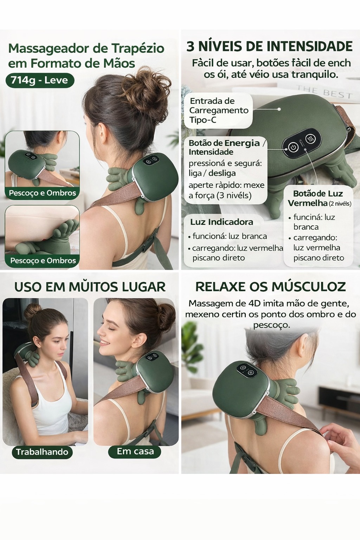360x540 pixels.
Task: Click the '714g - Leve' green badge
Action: [x=40, y=81]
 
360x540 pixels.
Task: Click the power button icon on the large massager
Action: [x=293, y=147]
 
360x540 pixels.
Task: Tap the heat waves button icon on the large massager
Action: [x=310, y=139]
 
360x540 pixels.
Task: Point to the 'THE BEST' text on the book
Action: [x=324, y=92]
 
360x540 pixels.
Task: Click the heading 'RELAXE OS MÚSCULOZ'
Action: [x=270, y=287]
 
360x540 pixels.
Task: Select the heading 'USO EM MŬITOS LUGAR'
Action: [x=90, y=287]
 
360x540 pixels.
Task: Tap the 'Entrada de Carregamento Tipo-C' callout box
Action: [x=218, y=110]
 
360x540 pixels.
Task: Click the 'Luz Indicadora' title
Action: [x=221, y=222]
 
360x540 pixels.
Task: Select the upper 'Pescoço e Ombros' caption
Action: [x=42, y=193]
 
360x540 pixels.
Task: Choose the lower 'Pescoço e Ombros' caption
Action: [x=43, y=261]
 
